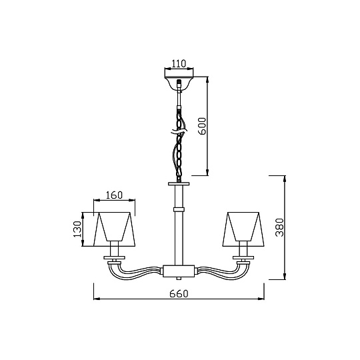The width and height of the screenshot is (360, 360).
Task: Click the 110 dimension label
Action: point(179,63)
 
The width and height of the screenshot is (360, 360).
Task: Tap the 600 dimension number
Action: point(203,126)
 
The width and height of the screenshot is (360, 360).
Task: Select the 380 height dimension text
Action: point(280,227)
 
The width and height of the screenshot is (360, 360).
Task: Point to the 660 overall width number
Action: point(179,293)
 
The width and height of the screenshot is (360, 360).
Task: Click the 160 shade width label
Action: point(114,195)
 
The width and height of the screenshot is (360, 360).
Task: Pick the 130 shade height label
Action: point(77,229)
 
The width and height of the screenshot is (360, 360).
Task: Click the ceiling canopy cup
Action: point(179,83)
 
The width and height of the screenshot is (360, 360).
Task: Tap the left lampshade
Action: point(115,229)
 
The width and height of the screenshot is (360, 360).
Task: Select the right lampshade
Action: point(243,229)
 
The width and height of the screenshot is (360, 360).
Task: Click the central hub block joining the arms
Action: point(179,271)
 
